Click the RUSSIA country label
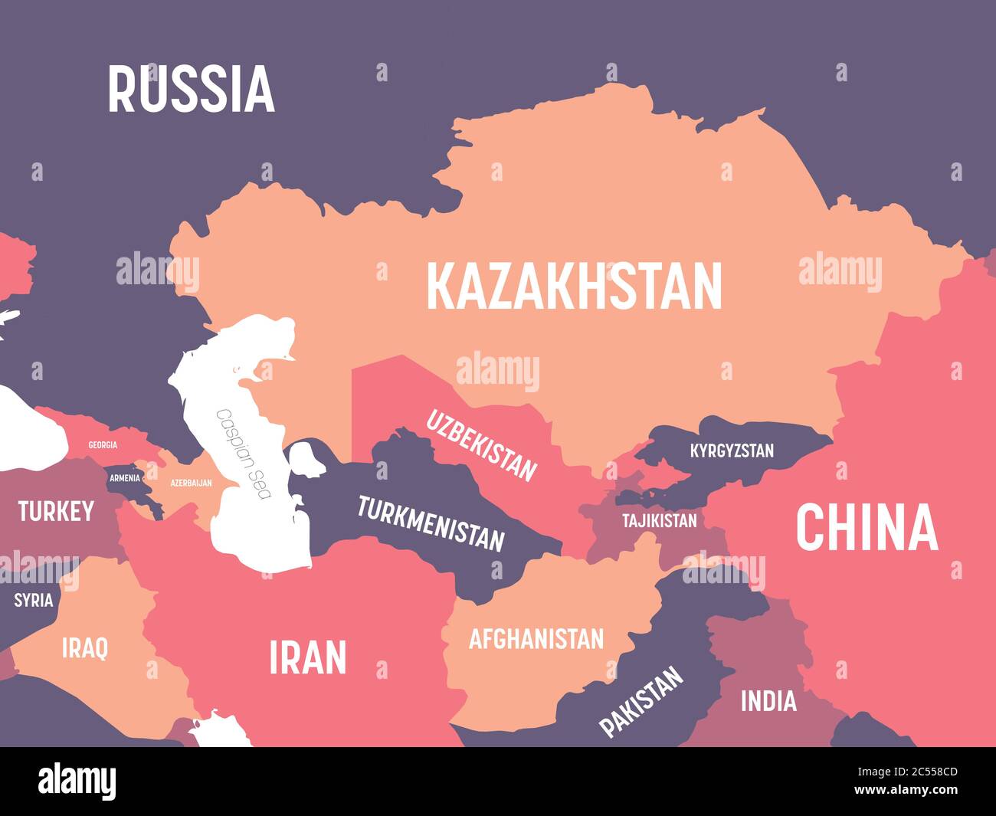pyautogui.click(x=191, y=90)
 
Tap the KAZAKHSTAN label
pyautogui.click(x=574, y=286)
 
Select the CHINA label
pyautogui.click(x=867, y=528)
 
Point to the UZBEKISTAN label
pyautogui.click(x=481, y=445)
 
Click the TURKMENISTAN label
pyautogui.click(x=431, y=524)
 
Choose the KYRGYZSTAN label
pyautogui.click(x=732, y=451)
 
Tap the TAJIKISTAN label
pyautogui.click(x=659, y=521)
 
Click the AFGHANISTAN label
pyautogui.click(x=536, y=638)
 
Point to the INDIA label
pyautogui.click(x=768, y=701)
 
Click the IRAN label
pyautogui.click(x=308, y=657)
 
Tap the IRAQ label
pyautogui.click(x=85, y=648)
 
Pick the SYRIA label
pyautogui.click(x=34, y=600)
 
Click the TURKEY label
pyautogui.click(x=56, y=511)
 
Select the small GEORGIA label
pyautogui.click(x=103, y=445)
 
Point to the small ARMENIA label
pyautogui.click(x=125, y=478)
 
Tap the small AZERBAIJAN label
pyautogui.click(x=191, y=483)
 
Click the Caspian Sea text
pyautogui.click(x=244, y=454)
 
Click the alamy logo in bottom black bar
pyautogui.click(x=77, y=781)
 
